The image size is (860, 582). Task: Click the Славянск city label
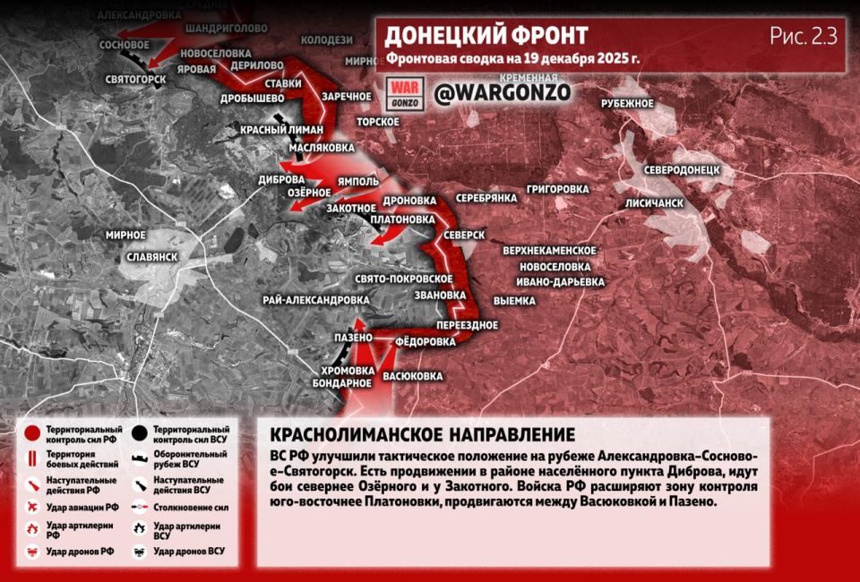pos(151,255)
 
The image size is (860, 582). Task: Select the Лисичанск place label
pos(654,203)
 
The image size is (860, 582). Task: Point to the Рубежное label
pos(627,103)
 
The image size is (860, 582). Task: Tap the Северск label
pos(463,235)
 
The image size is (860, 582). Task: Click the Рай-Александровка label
pos(316,299)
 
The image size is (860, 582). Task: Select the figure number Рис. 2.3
pos(802,37)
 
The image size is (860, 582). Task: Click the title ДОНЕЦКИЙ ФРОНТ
pos(486,36)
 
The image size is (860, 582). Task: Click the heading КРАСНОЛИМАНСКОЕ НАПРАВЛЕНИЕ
pos(422,435)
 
